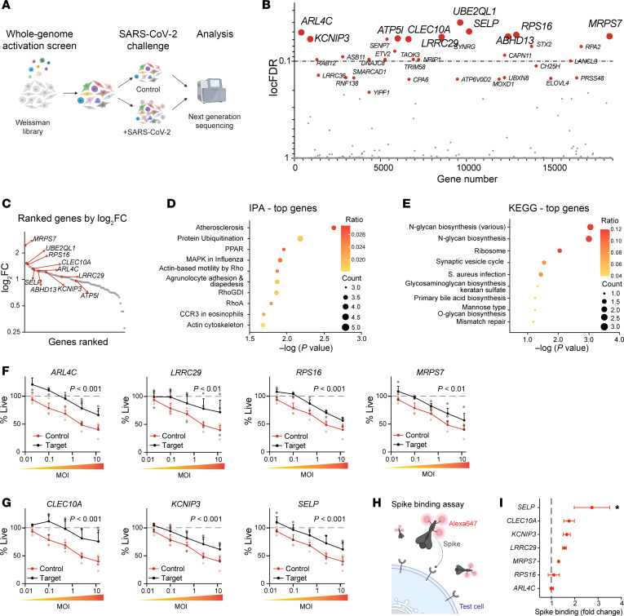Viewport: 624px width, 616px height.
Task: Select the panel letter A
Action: click(7, 7)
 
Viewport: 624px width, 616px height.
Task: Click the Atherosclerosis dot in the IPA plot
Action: click(334, 227)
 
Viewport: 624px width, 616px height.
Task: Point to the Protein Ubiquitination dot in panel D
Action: click(300, 238)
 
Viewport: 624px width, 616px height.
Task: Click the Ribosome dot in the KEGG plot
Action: click(560, 250)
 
